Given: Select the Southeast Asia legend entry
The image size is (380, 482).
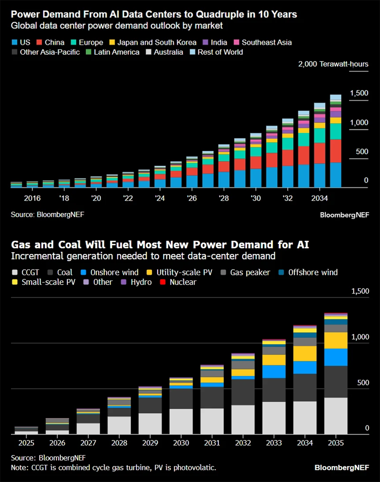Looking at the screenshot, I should click(267, 42).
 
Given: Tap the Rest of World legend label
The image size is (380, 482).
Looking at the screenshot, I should click(220, 52).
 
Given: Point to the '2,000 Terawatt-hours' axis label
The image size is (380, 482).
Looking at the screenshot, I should click(333, 64).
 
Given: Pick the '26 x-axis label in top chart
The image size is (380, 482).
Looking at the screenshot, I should click(191, 198).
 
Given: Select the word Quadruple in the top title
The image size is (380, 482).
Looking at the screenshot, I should click(223, 14).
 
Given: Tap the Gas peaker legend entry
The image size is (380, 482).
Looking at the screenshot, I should click(250, 272).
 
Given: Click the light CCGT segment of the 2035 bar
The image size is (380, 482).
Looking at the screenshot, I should click(336, 416).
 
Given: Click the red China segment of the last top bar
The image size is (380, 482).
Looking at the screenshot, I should click(336, 151).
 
